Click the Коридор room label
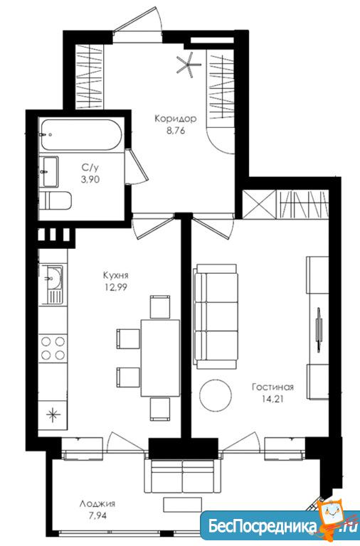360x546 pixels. pyautogui.click(x=176, y=119)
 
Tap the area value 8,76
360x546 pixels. pyautogui.click(x=176, y=132)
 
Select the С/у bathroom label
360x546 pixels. pyautogui.click(x=90, y=168)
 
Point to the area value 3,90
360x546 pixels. pyautogui.click(x=90, y=180)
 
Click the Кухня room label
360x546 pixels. pyautogui.click(x=116, y=275)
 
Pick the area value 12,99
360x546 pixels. pyautogui.click(x=116, y=288)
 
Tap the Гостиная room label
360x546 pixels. pyautogui.click(x=273, y=387)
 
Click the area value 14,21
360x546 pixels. pyautogui.click(x=273, y=399)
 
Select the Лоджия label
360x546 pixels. pyautogui.click(x=97, y=504)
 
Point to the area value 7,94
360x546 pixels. pyautogui.click(x=97, y=515)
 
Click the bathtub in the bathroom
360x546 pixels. pyautogui.click(x=80, y=135)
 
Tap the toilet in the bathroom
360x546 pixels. pyautogui.click(x=55, y=201)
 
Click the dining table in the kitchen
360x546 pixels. pyautogui.click(x=160, y=358)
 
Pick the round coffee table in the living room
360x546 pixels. pyautogui.click(x=216, y=395)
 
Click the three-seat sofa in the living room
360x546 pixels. pyautogui.click(x=216, y=316)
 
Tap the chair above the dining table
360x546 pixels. pyautogui.click(x=160, y=307)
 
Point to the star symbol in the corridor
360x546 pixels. pyautogui.click(x=189, y=64)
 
